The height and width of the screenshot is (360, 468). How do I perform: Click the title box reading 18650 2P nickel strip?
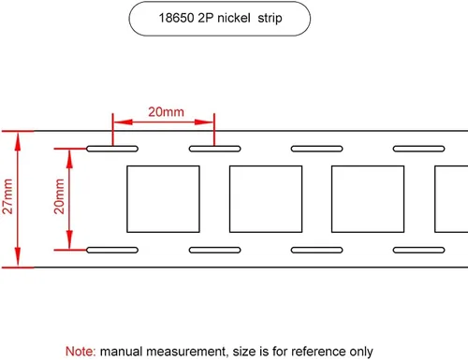click(x=219, y=19)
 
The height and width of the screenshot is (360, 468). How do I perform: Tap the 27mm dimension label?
click(x=7, y=196)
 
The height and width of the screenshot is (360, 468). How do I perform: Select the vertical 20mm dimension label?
click(x=59, y=196)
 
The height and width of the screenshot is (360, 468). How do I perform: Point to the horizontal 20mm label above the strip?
click(x=166, y=112)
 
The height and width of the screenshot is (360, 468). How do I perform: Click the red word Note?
click(x=80, y=352)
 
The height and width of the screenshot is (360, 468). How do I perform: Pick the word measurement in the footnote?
click(x=186, y=352)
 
